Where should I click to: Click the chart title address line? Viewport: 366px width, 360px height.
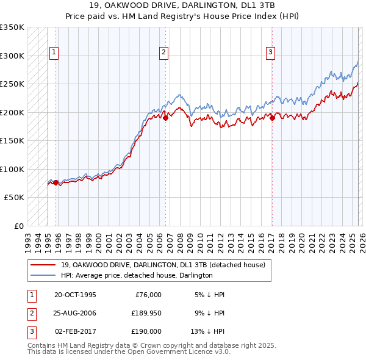tap(182, 5)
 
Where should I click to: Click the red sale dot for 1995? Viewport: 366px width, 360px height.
tap(56, 182)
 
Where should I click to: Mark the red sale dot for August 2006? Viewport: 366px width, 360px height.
tap(165, 118)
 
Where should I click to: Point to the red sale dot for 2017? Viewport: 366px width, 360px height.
tap(272, 118)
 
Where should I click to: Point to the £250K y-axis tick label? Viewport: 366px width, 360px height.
tap(12, 84)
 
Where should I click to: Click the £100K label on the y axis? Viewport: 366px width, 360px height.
tap(12, 169)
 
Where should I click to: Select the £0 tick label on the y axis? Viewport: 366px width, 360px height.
tap(18, 226)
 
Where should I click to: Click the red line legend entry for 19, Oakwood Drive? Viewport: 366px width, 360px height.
tap(163, 265)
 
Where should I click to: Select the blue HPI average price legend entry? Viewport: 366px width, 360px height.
tap(136, 275)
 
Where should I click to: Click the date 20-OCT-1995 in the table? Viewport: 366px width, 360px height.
tap(75, 294)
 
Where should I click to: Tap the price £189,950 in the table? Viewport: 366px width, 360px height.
tap(146, 313)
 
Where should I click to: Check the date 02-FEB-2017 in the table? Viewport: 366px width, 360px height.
tap(75, 332)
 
